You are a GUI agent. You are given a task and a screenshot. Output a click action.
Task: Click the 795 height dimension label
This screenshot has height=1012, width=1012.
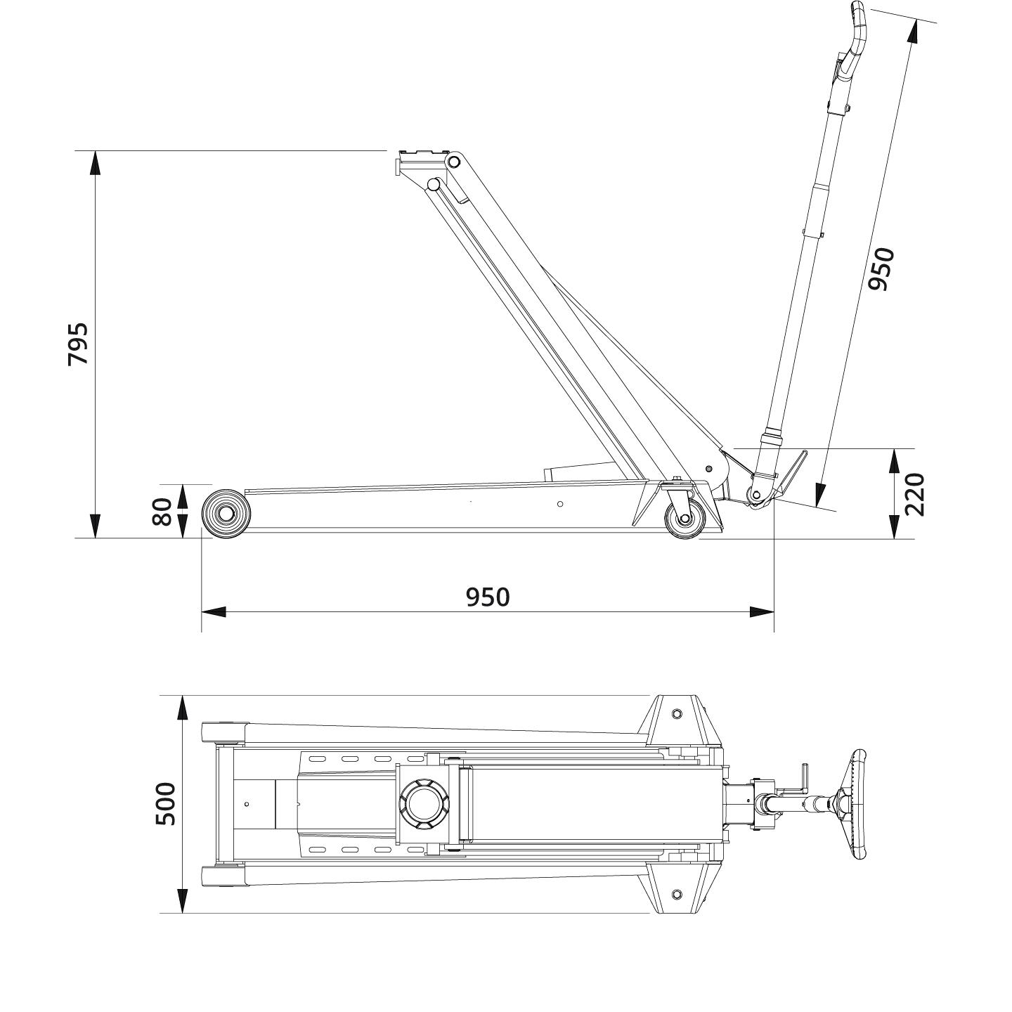(x=78, y=344)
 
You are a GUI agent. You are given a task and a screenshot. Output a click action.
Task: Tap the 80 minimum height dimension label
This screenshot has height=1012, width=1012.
(x=162, y=511)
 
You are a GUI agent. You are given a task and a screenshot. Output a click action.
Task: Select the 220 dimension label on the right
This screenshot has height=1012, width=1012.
(x=914, y=494)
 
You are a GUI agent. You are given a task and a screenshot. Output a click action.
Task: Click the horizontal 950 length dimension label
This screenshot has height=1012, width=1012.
(x=487, y=597)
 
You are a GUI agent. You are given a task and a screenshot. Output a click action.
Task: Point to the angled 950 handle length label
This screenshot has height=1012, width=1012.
(x=880, y=268)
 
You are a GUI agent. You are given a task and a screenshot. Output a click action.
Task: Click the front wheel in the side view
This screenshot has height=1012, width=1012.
(x=226, y=514)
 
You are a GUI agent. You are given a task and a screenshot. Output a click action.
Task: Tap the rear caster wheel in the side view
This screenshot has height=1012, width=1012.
(x=684, y=520)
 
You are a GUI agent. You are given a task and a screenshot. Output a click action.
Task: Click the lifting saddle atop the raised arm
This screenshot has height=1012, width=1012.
(x=422, y=156)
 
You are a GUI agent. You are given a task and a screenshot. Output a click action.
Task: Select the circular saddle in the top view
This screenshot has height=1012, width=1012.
(x=422, y=804)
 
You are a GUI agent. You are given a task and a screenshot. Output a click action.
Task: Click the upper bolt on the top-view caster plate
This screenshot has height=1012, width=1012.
(x=676, y=714)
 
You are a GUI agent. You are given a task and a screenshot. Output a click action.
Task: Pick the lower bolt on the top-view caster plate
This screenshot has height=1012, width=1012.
(x=676, y=894)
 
